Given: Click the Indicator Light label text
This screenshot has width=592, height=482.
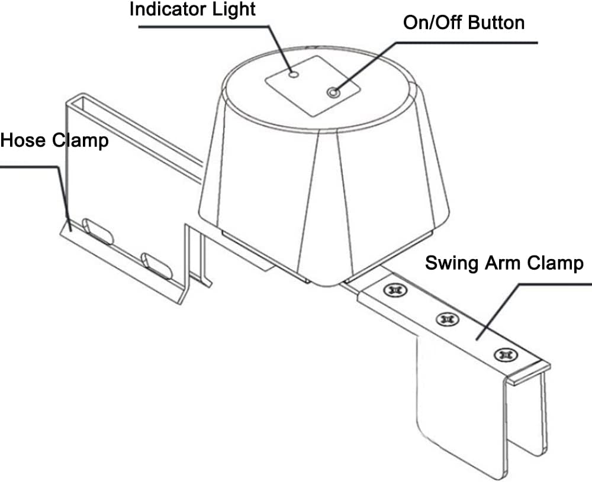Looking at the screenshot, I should tap(192, 10).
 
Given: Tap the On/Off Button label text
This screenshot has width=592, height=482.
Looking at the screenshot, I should tap(464, 23).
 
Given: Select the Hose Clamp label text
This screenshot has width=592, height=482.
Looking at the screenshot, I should tap(54, 141).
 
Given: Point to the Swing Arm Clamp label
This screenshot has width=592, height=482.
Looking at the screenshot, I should tap(504, 263).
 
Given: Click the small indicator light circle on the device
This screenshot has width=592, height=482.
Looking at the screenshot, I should tap(294, 75).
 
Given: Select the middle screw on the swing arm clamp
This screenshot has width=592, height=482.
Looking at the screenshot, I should tap(446, 319).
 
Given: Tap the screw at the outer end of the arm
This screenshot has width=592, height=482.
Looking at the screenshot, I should tap(504, 354).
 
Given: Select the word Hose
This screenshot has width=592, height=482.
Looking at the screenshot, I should tap(24, 141).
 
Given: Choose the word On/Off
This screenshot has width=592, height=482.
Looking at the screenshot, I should tap(433, 23).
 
